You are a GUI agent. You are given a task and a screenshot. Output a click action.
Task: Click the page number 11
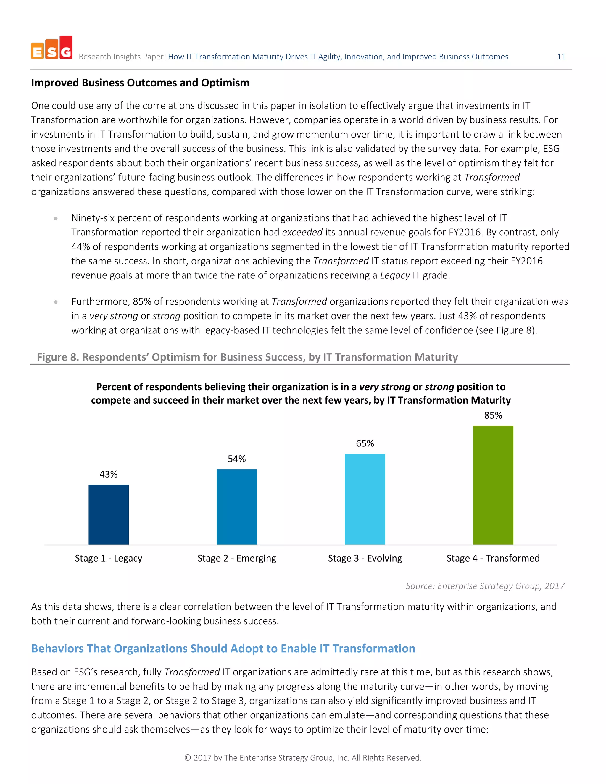561,57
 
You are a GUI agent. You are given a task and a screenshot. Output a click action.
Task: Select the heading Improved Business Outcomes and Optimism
140,83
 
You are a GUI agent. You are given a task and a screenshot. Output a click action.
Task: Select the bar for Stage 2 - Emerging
237,506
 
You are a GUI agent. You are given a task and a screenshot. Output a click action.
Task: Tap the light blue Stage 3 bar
365,499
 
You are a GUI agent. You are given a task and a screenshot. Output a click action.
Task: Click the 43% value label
108,474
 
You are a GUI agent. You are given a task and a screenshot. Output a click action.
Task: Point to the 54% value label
237,459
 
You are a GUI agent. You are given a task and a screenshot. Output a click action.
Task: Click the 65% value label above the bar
365,443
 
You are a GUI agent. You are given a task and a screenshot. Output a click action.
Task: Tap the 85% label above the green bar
493,415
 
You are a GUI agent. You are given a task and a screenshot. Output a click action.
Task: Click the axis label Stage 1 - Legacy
108,558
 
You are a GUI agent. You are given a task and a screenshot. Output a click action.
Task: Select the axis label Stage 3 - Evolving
365,558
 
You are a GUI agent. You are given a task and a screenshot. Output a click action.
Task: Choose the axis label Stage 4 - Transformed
493,558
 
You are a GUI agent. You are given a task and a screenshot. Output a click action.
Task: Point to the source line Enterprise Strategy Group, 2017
485,586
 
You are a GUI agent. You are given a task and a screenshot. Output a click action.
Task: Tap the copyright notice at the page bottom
303,757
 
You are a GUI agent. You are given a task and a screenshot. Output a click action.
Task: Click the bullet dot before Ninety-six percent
56,218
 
